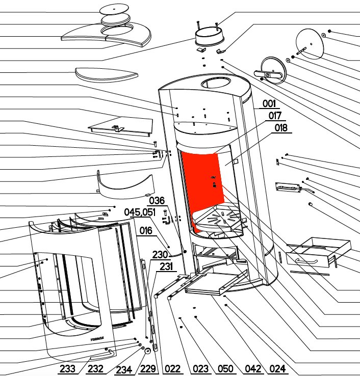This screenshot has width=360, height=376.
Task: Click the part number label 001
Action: [269, 103]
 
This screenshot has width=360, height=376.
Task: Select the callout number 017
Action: [275, 116]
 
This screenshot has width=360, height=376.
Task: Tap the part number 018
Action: [281, 128]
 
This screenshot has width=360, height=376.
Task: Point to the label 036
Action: [157, 200]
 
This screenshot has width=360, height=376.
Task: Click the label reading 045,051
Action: [140, 212]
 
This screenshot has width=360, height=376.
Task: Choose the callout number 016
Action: [146, 231]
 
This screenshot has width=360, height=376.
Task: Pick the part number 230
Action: [160, 255]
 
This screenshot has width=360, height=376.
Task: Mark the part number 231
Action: [166, 266]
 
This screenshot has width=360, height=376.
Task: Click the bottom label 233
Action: [67, 368]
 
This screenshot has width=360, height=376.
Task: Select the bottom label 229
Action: [148, 368]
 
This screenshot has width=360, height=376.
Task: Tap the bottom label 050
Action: [225, 368]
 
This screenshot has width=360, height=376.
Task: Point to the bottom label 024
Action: [278, 368]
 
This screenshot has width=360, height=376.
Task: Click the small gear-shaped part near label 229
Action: [148, 351]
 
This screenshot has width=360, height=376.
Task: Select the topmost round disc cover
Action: [114, 10]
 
